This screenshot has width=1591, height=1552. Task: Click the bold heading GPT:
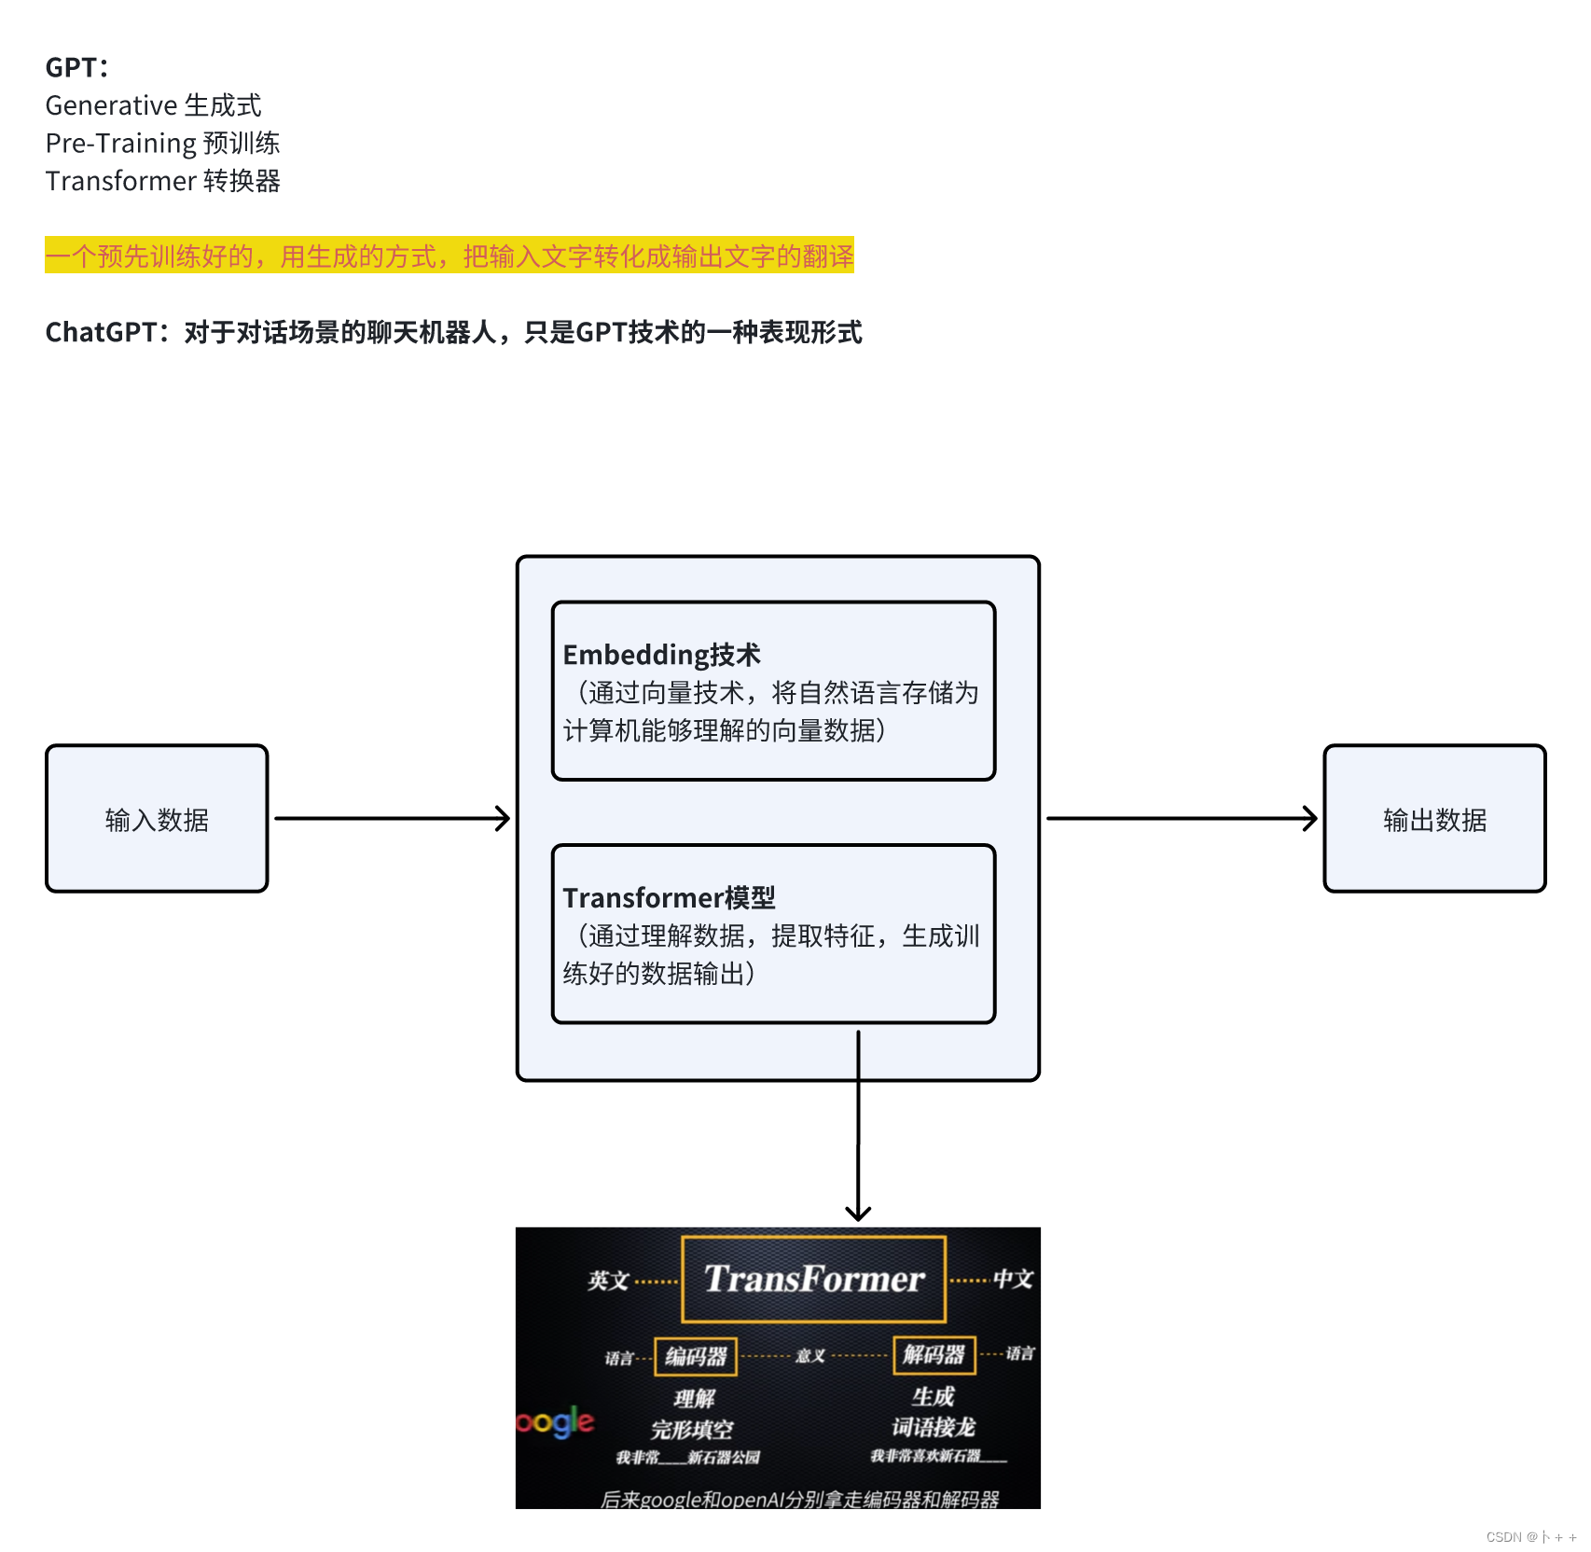click(x=76, y=67)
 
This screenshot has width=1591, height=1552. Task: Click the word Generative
click(x=111, y=105)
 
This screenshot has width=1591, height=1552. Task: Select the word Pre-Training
click(x=121, y=144)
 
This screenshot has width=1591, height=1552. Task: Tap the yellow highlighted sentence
click(x=449, y=256)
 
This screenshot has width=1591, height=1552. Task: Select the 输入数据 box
click(x=157, y=819)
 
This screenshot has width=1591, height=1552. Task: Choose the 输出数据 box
click(x=1434, y=819)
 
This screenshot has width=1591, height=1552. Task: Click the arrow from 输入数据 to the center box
click(x=392, y=819)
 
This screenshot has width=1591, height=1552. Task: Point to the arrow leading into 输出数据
click(x=1181, y=819)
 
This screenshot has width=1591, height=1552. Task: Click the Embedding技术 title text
click(x=661, y=655)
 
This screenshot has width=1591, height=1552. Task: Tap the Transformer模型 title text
click(x=669, y=897)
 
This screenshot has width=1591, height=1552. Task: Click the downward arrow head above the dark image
click(x=858, y=1212)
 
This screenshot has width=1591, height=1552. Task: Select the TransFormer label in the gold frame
click(x=814, y=1279)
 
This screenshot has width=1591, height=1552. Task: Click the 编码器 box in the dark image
click(x=696, y=1356)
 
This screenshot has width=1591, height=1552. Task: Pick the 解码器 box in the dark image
click(x=934, y=1354)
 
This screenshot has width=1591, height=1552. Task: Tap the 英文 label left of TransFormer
click(x=608, y=1281)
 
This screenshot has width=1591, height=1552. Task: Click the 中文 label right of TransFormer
click(x=1013, y=1279)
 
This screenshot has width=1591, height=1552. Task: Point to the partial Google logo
click(x=554, y=1421)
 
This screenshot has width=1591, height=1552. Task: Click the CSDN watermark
click(x=1530, y=1537)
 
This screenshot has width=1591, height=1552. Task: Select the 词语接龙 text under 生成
click(x=933, y=1427)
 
